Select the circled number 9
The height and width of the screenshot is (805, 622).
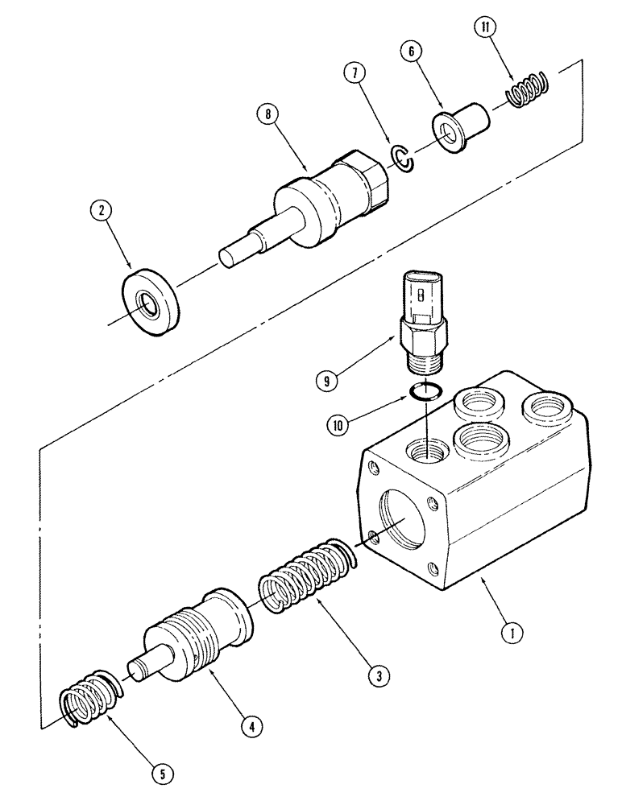click(326, 381)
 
